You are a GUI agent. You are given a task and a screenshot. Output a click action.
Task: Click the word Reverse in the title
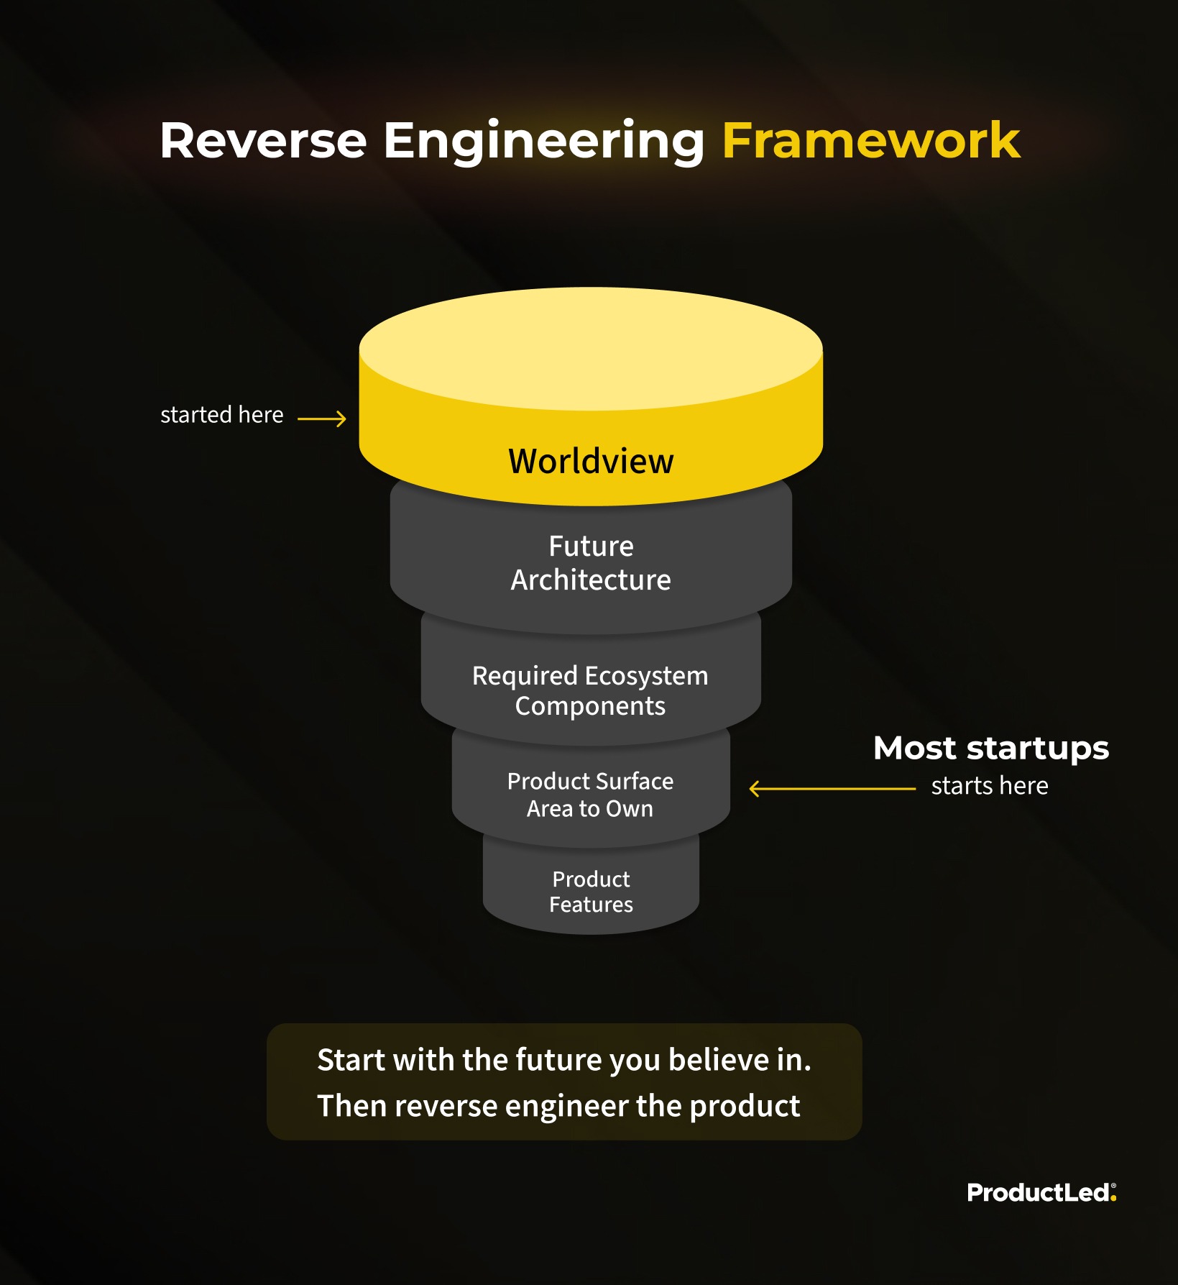263,141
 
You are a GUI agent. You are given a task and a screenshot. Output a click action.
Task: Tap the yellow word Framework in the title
870,141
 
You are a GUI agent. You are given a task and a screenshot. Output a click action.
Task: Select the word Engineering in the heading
543,142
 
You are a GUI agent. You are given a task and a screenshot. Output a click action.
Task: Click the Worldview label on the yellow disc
591,462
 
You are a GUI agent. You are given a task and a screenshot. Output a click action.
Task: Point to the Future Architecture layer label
591,563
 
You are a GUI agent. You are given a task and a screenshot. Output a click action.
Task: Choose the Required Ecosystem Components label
590,691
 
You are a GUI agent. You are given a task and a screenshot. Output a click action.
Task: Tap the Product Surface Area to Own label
590,795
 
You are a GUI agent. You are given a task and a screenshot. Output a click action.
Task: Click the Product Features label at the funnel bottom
591,892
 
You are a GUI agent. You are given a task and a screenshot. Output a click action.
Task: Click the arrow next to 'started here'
322,419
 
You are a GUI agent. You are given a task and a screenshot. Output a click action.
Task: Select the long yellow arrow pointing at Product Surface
832,789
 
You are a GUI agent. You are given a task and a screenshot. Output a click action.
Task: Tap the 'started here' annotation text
221,415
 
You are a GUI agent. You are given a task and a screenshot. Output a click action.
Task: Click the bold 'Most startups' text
990,749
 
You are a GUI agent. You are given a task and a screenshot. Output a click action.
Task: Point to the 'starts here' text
989,786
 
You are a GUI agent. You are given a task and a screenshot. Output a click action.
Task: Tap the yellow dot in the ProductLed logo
1113,1199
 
